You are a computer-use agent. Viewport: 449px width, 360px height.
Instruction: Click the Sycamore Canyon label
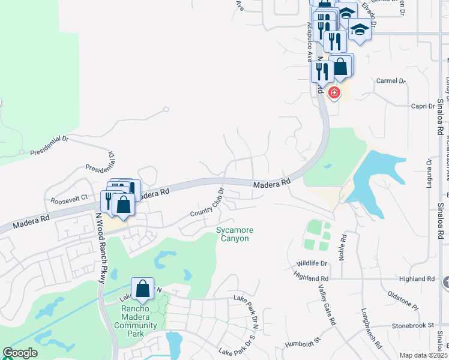click(235, 234)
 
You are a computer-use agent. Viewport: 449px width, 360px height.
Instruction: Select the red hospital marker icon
click(334, 92)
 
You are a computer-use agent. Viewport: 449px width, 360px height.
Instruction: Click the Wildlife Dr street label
click(313, 263)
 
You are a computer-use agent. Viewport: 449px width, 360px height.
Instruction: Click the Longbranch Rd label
click(372, 329)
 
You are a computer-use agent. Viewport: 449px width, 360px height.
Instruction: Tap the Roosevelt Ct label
click(69, 198)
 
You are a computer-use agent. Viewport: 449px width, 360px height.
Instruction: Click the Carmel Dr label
click(391, 80)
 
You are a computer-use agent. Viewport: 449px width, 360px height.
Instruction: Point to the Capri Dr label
click(423, 106)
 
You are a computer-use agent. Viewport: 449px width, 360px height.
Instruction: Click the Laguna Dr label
click(429, 173)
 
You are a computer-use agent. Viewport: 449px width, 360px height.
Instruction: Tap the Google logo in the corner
click(20, 353)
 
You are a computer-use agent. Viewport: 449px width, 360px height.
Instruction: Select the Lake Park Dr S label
click(238, 352)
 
